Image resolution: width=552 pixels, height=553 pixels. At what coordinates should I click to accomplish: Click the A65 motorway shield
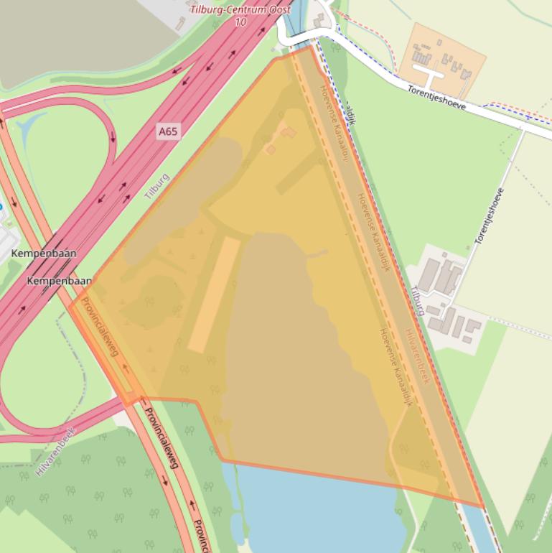click(168, 131)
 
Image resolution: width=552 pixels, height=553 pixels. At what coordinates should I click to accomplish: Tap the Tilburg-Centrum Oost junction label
click(240, 9)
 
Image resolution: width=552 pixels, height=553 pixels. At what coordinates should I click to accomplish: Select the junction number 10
click(240, 22)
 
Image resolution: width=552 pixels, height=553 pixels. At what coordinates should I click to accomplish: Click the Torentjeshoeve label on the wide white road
click(436, 98)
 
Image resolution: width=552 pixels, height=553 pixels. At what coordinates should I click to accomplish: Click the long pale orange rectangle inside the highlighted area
click(214, 294)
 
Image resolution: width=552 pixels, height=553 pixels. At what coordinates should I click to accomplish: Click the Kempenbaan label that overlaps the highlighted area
click(60, 281)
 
